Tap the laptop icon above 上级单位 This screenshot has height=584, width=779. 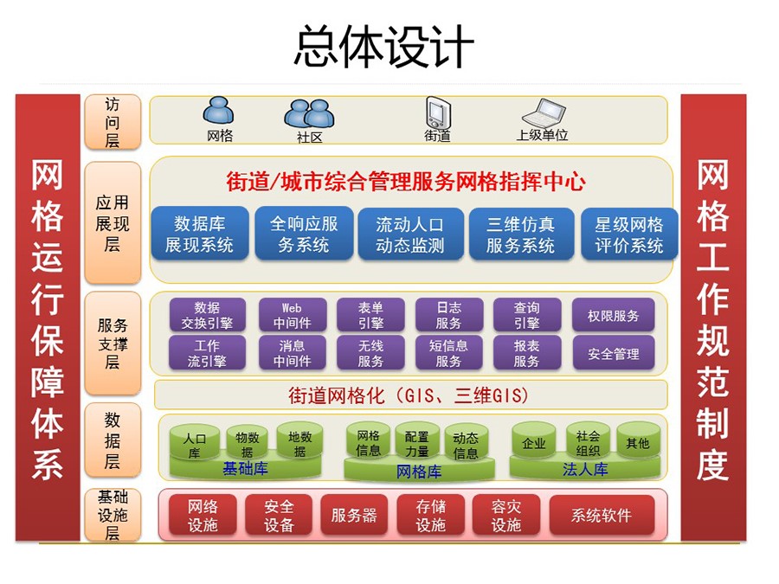[x=544, y=112]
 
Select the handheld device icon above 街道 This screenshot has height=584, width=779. [x=438, y=112]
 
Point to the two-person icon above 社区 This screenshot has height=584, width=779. [x=309, y=113]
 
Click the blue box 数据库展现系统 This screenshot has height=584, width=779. [x=200, y=234]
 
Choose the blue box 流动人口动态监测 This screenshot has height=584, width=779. [x=410, y=234]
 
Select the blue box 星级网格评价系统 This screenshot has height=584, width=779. [x=629, y=234]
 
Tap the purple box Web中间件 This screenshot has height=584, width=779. [x=293, y=315]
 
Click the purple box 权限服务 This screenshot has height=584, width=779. [x=613, y=315]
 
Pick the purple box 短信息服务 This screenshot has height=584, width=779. [x=448, y=353]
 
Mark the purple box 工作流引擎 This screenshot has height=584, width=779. [x=207, y=353]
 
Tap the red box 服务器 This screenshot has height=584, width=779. [x=354, y=515]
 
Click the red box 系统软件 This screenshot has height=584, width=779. [x=602, y=515]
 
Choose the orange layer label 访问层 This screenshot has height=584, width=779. [x=113, y=122]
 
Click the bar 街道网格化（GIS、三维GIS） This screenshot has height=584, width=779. [x=411, y=395]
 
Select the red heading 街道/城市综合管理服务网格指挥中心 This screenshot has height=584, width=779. [x=406, y=182]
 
